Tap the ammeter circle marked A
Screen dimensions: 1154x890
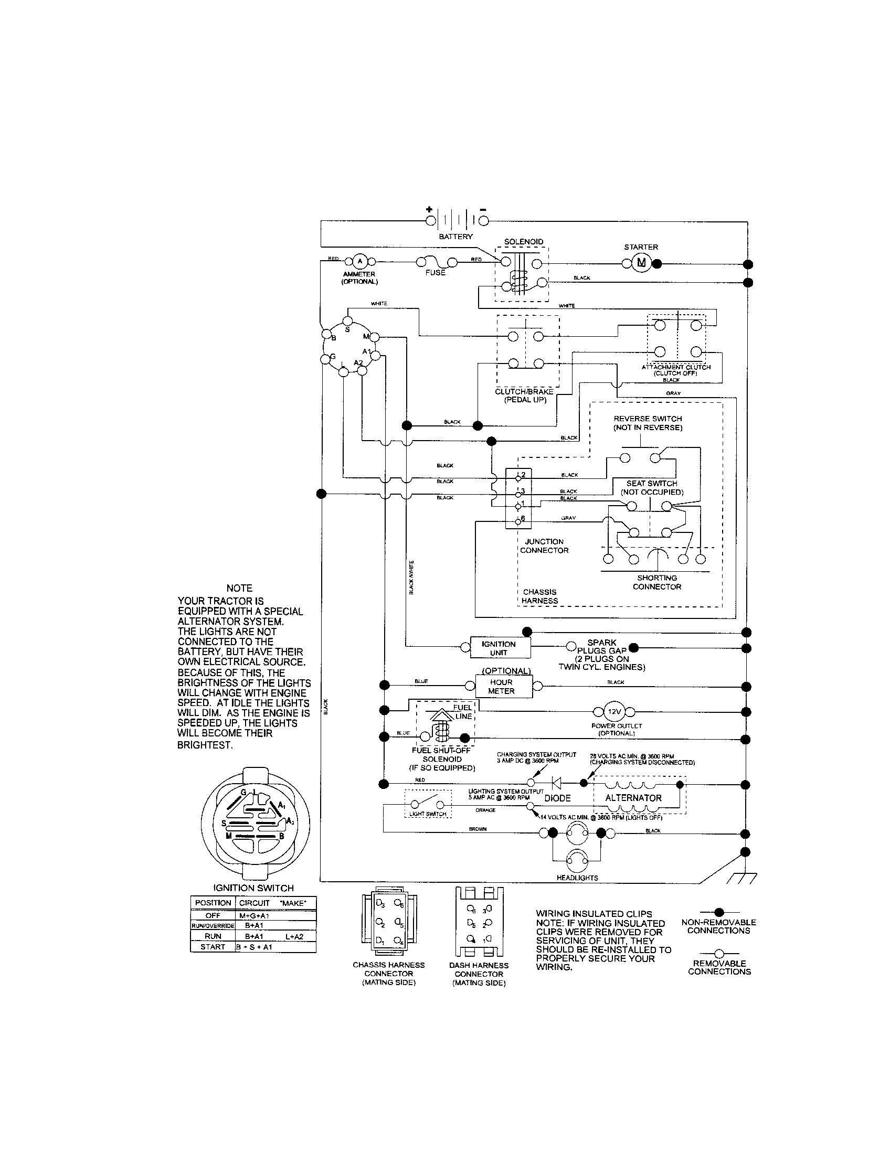[x=359, y=261]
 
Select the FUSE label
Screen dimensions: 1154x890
[x=435, y=273]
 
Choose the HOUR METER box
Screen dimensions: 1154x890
[x=501, y=687]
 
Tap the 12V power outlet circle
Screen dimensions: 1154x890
[x=613, y=712]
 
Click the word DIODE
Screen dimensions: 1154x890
[x=558, y=798]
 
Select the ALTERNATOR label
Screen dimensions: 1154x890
[x=633, y=798]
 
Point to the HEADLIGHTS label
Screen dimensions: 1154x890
[x=577, y=878]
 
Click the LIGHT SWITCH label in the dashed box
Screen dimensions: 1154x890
[x=428, y=814]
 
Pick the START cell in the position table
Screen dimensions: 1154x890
[x=213, y=947]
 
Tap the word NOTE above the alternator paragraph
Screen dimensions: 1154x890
[x=239, y=588]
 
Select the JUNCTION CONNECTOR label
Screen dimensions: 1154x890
[x=544, y=546]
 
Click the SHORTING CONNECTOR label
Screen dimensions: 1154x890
[x=657, y=582]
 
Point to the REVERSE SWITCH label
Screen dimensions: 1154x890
[x=648, y=423]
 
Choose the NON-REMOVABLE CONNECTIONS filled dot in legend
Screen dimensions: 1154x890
[x=718, y=912]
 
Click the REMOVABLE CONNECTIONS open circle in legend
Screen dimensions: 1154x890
[x=718, y=953]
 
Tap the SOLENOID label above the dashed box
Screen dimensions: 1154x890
[x=523, y=241]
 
